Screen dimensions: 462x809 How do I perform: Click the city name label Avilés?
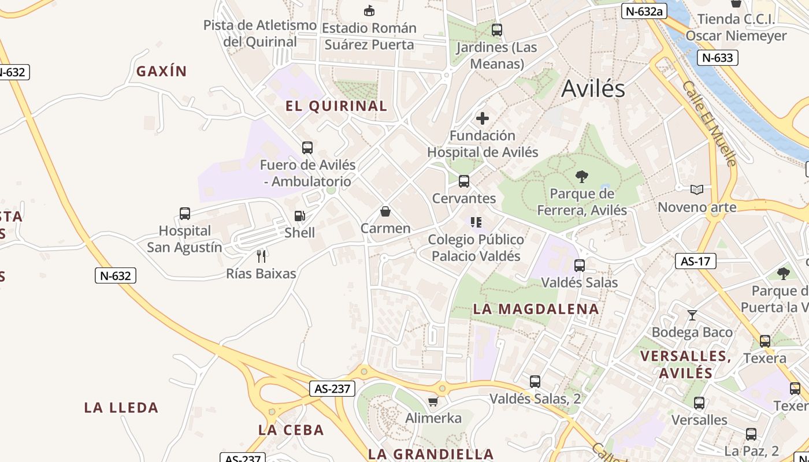(x=593, y=88)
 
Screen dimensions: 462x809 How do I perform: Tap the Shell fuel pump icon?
(x=299, y=216)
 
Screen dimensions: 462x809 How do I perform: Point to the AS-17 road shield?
(x=695, y=261)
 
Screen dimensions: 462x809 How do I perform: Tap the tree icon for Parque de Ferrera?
(x=582, y=177)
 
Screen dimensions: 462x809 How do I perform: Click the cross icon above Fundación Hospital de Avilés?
(x=482, y=119)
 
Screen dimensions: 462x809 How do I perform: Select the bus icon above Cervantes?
(x=463, y=181)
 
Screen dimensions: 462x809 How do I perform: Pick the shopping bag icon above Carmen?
(x=385, y=211)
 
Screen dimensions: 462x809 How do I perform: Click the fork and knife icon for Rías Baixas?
(x=261, y=256)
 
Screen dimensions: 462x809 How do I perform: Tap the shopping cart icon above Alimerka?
(x=433, y=401)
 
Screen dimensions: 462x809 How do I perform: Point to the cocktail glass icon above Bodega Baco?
(x=692, y=315)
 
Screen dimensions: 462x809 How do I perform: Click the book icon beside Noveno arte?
(x=697, y=189)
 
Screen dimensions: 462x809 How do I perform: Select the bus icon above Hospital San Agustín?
(x=185, y=214)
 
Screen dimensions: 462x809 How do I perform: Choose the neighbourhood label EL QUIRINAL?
(x=336, y=106)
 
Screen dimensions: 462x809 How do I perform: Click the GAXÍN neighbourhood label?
(x=162, y=72)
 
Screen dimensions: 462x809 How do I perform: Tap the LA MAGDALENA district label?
(x=536, y=309)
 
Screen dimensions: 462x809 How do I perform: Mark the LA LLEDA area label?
(x=121, y=408)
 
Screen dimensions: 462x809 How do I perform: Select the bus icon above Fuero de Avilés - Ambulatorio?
(x=307, y=148)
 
